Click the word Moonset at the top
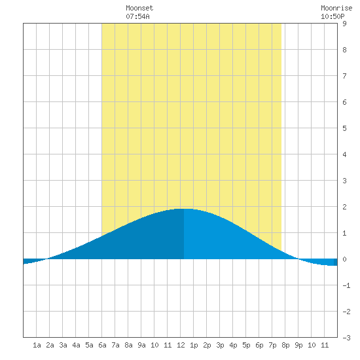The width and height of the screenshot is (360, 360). tap(139, 8)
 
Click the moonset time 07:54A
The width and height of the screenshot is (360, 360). tap(137, 16)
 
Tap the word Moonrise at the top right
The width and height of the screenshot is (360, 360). tap(336, 8)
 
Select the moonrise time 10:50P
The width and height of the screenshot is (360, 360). tap(333, 16)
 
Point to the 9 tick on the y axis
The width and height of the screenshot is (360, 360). tap(344, 24)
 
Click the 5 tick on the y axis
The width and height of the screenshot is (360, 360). tap(344, 128)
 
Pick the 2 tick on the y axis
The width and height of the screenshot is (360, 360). tap(344, 207)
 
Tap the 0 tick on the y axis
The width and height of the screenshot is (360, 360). tap(344, 259)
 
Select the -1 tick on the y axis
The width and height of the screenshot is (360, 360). tap(346, 285)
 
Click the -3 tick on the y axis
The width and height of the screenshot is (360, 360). tap(346, 338)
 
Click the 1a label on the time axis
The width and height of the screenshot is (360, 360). tap(37, 345)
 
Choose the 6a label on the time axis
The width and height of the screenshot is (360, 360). tap(102, 345)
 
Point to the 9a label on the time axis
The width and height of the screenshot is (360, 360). tap(141, 345)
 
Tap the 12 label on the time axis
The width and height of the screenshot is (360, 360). tap(181, 345)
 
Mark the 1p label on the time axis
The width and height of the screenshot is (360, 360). tap(194, 345)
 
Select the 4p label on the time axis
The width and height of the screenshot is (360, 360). tap(233, 345)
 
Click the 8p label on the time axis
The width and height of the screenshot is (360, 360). tap(285, 345)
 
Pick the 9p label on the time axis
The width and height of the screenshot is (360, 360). tap(298, 345)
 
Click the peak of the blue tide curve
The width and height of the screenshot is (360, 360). tap(184, 209)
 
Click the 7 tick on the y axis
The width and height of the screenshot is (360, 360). tap(344, 76)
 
